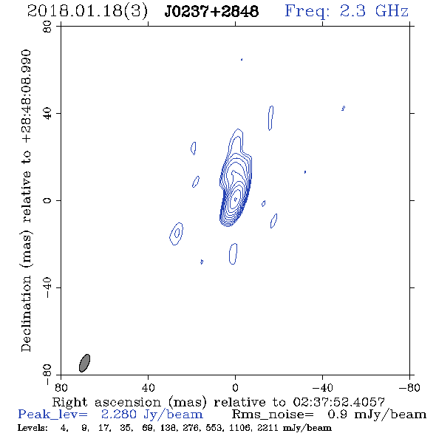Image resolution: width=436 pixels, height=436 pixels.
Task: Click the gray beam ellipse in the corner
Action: (84, 363)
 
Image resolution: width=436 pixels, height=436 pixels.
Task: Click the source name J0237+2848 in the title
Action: (211, 11)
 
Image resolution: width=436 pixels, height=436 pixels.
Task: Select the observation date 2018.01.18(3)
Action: (87, 12)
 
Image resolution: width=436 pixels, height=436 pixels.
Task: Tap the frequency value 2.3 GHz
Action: (374, 11)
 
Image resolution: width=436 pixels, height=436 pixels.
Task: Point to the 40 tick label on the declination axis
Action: (47, 114)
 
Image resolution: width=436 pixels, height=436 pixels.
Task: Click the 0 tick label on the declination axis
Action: (47, 200)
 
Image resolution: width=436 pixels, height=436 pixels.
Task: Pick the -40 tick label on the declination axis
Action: (47, 287)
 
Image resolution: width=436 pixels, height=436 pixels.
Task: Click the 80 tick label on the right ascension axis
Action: (61, 387)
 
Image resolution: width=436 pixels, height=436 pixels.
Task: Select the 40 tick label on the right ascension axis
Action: (148, 387)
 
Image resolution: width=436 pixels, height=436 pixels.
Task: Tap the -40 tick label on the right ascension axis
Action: (322, 387)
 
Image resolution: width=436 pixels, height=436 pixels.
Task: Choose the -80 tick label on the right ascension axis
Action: (409, 387)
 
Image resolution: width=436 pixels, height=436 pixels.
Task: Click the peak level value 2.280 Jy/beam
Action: (151, 415)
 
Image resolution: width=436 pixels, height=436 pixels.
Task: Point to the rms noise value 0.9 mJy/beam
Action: (377, 415)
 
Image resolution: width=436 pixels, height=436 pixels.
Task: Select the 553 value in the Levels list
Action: (214, 428)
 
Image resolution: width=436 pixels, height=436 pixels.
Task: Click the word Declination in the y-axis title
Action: (26, 314)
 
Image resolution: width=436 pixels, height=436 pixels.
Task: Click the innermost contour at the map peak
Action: (236, 199)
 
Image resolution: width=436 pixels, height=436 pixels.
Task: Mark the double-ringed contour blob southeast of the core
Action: (177, 234)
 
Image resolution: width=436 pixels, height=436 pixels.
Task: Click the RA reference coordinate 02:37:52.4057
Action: (338, 402)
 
